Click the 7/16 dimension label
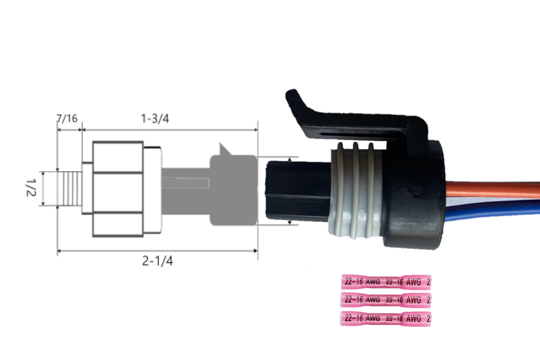pyautogui.click(x=67, y=119)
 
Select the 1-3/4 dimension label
pyautogui.click(x=155, y=119)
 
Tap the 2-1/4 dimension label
pyautogui.click(x=157, y=261)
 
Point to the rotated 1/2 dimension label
pyautogui.click(x=31, y=188)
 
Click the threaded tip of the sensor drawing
pyautogui.click(x=70, y=188)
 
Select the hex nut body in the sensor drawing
pyautogui.click(x=118, y=189)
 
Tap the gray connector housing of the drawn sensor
pyautogui.click(x=234, y=190)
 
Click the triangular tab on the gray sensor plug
pyautogui.click(x=225, y=149)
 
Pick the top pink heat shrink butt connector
pyautogui.click(x=385, y=282)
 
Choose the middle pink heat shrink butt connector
pyautogui.click(x=385, y=300)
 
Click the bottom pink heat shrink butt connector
pyautogui.click(x=385, y=318)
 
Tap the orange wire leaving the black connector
pyautogui.click(x=493, y=190)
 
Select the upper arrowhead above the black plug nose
pyautogui.click(x=290, y=159)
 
